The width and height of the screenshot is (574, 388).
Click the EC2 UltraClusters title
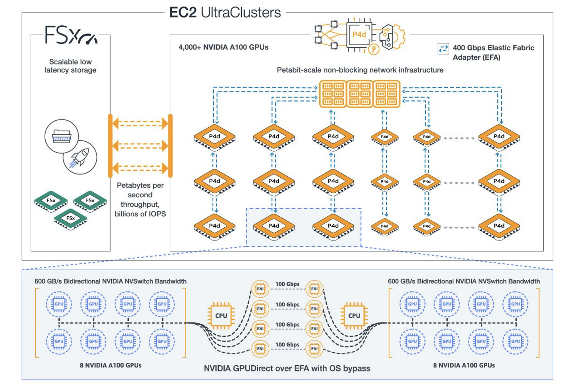[x=225, y=12]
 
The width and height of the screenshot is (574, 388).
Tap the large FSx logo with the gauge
[x=71, y=35]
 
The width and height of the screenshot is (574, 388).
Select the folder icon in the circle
[x=61, y=136]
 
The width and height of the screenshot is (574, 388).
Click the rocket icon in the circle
[x=80, y=157]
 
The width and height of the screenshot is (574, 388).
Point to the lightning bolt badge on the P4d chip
[x=374, y=49]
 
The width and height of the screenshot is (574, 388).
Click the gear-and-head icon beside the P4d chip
[x=391, y=37]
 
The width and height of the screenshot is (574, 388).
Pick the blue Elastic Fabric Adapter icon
[x=443, y=49]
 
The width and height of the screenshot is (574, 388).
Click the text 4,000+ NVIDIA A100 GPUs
[x=223, y=47]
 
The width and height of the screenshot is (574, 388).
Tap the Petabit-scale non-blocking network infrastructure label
[x=360, y=70]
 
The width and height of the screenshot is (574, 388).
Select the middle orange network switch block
[x=360, y=94]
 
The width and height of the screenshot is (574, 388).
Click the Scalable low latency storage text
[x=70, y=66]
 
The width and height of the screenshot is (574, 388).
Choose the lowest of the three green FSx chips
[x=70, y=219]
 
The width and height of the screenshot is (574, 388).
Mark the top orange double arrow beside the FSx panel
[x=140, y=124]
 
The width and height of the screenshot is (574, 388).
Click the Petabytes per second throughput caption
[x=140, y=199]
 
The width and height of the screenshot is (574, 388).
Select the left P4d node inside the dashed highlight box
[x=274, y=226]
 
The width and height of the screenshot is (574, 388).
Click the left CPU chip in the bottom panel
[x=221, y=316]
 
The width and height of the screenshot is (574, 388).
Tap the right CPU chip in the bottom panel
[x=354, y=316]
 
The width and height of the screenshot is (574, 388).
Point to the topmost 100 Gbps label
[x=287, y=284]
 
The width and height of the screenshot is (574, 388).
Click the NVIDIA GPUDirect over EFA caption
[x=287, y=368]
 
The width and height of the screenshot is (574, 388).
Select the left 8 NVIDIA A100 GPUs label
[x=111, y=365]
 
